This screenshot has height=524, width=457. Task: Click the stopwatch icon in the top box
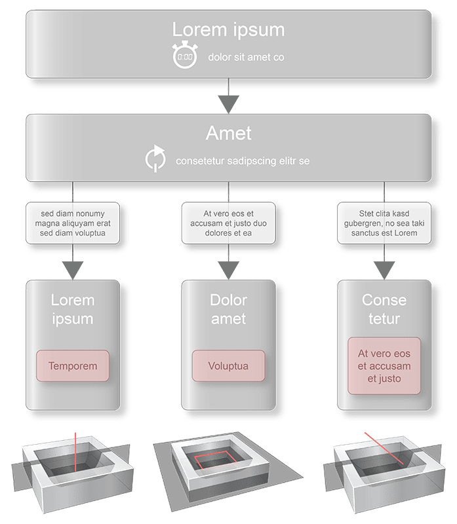pos(184,56)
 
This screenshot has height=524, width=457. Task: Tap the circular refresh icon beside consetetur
pos(155,159)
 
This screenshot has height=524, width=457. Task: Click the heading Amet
pos(229,133)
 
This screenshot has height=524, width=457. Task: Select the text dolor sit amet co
pos(246,58)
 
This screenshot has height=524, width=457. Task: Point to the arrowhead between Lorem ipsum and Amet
pos(229,103)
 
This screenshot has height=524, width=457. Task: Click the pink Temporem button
pos(73,365)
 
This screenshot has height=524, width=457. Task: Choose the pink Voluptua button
pos(228,365)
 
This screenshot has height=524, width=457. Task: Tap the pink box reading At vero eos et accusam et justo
pos(384,365)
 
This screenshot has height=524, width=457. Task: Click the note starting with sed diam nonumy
pos(73,223)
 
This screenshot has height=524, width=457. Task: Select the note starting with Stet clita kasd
pos(384,223)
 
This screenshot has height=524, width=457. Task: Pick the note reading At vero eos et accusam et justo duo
pos(228,223)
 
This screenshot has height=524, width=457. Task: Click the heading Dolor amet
pos(228,310)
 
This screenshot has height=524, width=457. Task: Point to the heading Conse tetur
pos(384,310)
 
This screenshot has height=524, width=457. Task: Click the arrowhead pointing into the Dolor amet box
pos(228,269)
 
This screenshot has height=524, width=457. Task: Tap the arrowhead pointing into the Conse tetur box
pos(384,269)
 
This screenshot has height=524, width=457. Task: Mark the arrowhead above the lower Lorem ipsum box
pos(73,269)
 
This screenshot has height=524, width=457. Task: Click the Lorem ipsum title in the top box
pos(229,29)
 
